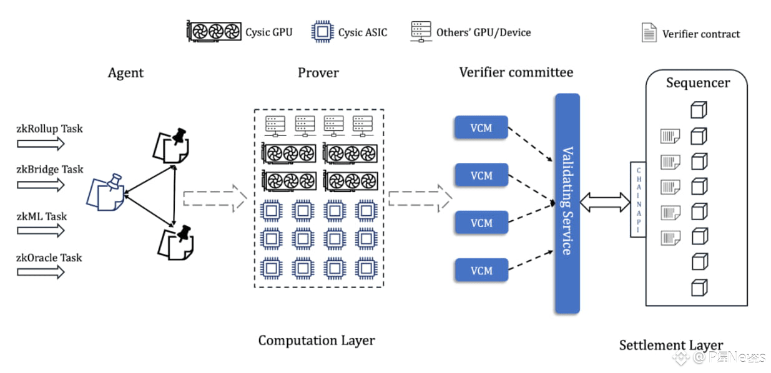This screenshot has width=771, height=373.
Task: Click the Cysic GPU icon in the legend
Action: tap(214, 32)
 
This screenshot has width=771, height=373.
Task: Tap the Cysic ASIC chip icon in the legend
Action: tap(322, 31)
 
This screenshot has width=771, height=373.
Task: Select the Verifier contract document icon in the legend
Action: tap(649, 33)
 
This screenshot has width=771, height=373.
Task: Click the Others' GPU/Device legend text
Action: tap(483, 32)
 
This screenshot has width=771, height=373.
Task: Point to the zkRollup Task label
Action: tap(49, 129)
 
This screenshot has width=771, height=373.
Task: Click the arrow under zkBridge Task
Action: tap(41, 185)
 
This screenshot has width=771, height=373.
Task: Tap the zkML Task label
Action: tap(42, 216)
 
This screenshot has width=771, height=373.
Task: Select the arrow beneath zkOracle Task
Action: tap(41, 272)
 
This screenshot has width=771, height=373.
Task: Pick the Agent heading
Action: tap(125, 73)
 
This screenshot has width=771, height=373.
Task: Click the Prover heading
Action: tap(318, 73)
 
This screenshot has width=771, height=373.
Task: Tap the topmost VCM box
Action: tap(481, 128)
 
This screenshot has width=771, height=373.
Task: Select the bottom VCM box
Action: tap(481, 271)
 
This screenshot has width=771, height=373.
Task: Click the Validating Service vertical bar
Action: tap(567, 203)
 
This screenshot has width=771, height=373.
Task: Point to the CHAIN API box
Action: tap(638, 200)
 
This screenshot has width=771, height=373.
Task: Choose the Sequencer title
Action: tap(697, 83)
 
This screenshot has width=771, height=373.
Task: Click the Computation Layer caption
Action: tap(317, 341)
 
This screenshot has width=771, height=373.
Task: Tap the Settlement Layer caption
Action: tap(670, 345)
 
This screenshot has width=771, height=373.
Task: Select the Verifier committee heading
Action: tap(516, 72)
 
